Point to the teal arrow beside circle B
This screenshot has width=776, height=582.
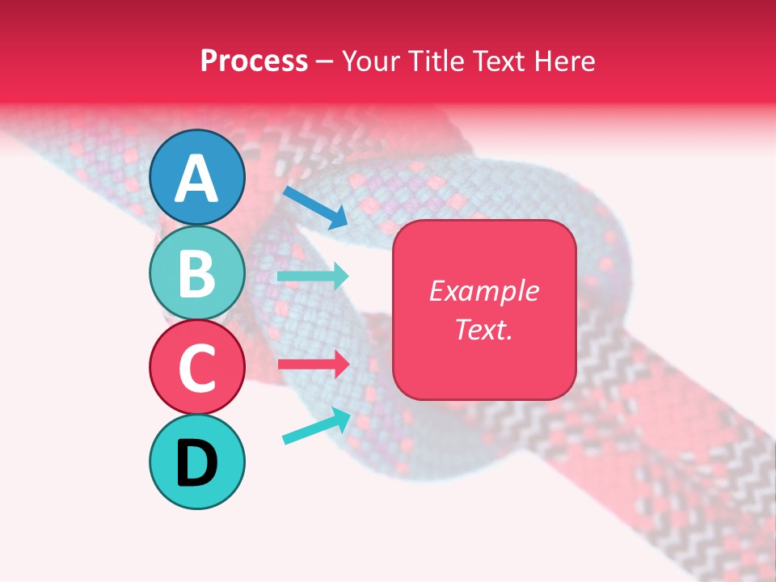tap(313, 276)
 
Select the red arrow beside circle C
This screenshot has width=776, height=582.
tap(313, 364)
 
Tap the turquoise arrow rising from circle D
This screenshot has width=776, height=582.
tap(316, 426)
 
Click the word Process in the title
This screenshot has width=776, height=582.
tap(254, 61)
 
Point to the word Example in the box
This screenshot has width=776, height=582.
tap(483, 291)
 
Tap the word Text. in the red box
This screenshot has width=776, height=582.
tap(483, 329)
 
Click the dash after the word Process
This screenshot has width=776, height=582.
tap(324, 62)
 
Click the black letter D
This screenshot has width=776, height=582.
tap(196, 463)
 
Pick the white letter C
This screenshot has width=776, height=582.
tap(196, 368)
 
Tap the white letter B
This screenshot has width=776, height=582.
tap(196, 273)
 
